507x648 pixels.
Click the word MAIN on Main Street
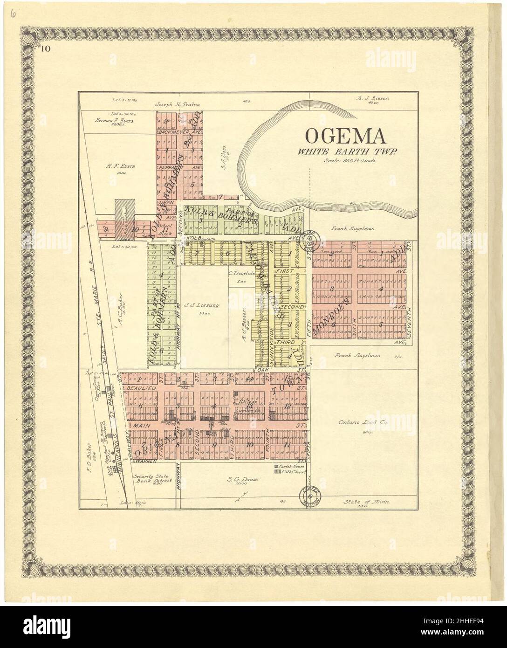(140, 426)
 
